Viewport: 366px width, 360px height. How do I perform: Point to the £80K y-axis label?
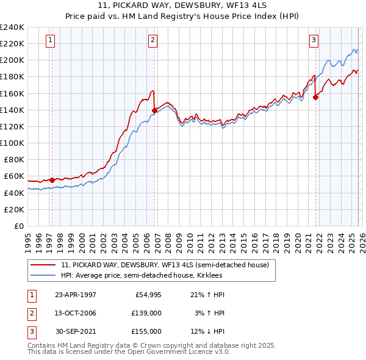pyautogui.click(x=14, y=159)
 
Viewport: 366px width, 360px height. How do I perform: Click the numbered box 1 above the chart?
pyautogui.click(x=49, y=40)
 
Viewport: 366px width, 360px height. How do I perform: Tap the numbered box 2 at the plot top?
pyautogui.click(x=152, y=40)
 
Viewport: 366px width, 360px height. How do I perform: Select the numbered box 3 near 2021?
pyautogui.click(x=314, y=40)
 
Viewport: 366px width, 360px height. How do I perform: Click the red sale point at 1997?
pyautogui.click(x=52, y=180)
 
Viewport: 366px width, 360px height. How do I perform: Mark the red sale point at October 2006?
pyautogui.click(x=154, y=110)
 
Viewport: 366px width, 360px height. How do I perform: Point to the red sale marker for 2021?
pyautogui.click(x=316, y=97)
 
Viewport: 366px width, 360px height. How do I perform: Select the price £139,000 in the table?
pyautogui.click(x=146, y=313)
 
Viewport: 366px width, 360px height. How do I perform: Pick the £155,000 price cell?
pyautogui.click(x=146, y=331)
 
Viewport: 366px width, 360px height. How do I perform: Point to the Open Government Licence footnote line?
pyautogui.click(x=129, y=352)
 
